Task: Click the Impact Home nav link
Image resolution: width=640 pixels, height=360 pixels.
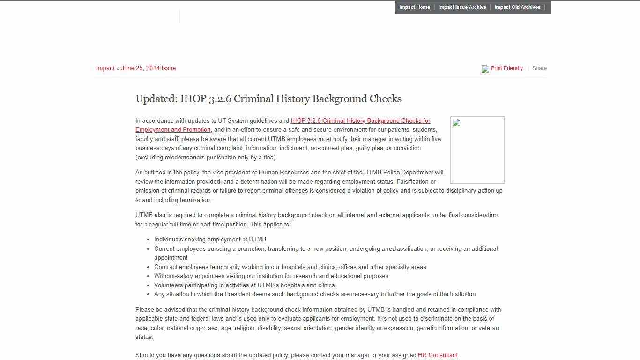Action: click(414, 7)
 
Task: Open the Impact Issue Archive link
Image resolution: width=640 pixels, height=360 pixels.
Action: click(462, 7)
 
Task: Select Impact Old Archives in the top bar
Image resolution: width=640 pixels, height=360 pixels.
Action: click(517, 7)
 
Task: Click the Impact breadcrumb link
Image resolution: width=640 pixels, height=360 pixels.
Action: click(105, 68)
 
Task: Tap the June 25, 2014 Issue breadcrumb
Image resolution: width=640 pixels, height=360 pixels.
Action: click(148, 68)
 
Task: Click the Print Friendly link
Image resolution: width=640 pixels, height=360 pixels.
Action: click(506, 68)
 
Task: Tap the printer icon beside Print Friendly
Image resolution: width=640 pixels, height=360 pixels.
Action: click(485, 69)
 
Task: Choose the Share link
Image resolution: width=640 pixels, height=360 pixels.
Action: click(539, 68)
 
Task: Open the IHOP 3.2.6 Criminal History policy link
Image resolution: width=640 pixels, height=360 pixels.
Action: click(360, 121)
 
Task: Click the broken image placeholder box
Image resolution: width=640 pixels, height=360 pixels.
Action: click(477, 150)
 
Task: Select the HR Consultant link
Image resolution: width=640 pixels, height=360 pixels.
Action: click(437, 355)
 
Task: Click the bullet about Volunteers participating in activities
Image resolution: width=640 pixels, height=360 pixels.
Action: click(244, 285)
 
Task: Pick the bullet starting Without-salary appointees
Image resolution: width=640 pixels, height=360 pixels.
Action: click(271, 276)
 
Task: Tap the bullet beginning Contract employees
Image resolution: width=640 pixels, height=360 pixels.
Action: click(290, 267)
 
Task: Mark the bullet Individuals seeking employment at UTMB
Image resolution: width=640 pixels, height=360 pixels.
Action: click(210, 240)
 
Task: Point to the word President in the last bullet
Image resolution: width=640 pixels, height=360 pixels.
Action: click(238, 294)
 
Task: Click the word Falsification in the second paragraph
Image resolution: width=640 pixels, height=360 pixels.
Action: click(416, 182)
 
